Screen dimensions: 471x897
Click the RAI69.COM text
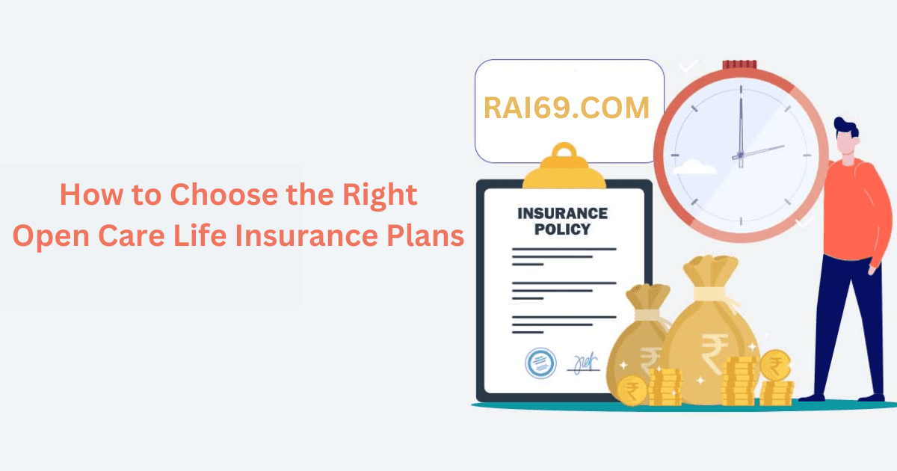click(x=567, y=108)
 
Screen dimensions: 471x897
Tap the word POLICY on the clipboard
click(x=563, y=230)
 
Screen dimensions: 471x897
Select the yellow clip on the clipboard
click(x=565, y=166)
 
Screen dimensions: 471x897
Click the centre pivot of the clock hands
click(x=740, y=156)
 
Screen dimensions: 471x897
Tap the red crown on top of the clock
click(x=739, y=65)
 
